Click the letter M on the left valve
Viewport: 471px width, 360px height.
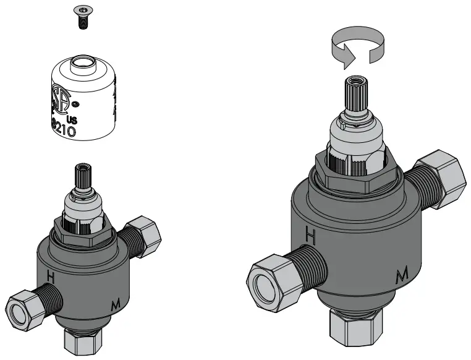click(x=114, y=304)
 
